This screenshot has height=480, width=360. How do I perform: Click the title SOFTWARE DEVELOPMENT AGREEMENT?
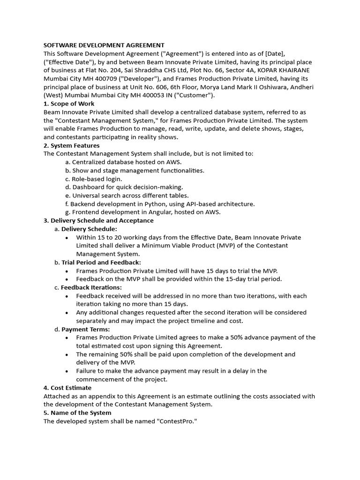click(x=104, y=45)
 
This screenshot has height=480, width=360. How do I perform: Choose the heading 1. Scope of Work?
click(x=69, y=104)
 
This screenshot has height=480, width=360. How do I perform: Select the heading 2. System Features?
click(x=71, y=145)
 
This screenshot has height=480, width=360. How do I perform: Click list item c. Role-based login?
click(x=93, y=179)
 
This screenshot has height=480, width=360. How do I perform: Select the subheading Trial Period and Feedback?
click(x=101, y=262)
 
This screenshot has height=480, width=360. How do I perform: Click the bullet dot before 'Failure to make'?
click(x=67, y=371)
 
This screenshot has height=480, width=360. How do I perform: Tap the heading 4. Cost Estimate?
click(x=67, y=388)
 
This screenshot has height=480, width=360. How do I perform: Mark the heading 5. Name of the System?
click(x=77, y=412)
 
